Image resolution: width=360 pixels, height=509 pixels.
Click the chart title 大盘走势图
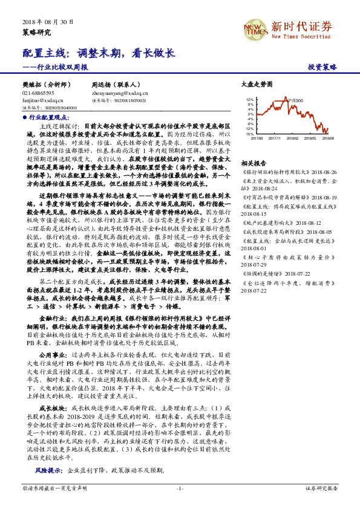tap(257, 85)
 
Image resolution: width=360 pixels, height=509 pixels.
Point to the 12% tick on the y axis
tap(250, 99)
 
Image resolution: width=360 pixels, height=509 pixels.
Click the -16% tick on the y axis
tap(249, 134)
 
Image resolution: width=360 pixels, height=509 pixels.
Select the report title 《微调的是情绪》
tap(263, 274)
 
